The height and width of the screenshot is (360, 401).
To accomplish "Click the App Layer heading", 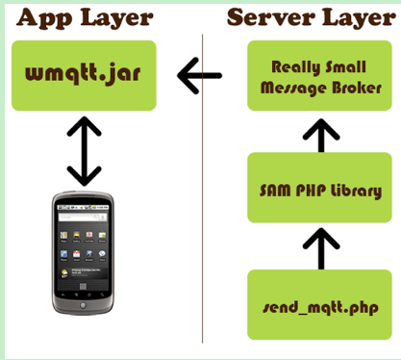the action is pyautogui.click(x=85, y=18).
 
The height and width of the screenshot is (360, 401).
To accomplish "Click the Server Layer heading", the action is pyautogui.click(x=312, y=18).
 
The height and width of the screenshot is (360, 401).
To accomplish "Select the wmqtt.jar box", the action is pyautogui.click(x=84, y=75).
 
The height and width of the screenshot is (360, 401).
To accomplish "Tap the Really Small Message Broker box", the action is pyautogui.click(x=319, y=75).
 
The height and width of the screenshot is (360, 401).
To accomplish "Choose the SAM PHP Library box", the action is pyautogui.click(x=319, y=188).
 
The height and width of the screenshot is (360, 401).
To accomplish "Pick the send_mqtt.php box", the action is pyautogui.click(x=319, y=305).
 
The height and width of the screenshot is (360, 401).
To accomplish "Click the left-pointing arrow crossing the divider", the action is pyautogui.click(x=199, y=76).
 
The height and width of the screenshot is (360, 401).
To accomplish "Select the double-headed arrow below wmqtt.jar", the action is pyautogui.click(x=85, y=151).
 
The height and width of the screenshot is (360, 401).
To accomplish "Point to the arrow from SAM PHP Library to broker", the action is pyautogui.click(x=321, y=136).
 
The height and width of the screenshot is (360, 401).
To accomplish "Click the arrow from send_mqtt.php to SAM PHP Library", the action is pyautogui.click(x=321, y=248).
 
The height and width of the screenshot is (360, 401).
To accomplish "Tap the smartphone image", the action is pyautogui.click(x=83, y=253).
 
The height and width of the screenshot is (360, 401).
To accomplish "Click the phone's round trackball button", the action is pyautogui.click(x=83, y=305).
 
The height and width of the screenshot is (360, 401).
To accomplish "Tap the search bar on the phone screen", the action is pyautogui.click(x=83, y=218).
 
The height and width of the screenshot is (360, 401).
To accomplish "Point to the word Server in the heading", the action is pyautogui.click(x=271, y=17).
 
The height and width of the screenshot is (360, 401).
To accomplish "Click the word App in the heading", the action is pyautogui.click(x=44, y=18).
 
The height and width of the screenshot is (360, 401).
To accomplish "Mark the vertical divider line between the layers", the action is pyautogui.click(x=202, y=189).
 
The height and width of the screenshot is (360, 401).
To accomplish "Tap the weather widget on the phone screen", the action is pyautogui.click(x=83, y=273).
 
